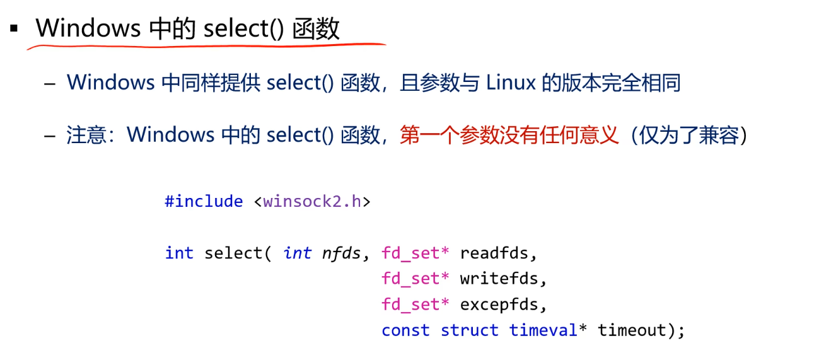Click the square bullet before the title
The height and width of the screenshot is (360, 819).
click(x=14, y=28)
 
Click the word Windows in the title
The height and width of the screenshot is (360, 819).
click(x=88, y=28)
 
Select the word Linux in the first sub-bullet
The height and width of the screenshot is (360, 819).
click(x=511, y=83)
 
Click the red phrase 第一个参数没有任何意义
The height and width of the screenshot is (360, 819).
click(x=509, y=134)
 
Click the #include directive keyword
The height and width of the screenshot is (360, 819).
click(x=204, y=201)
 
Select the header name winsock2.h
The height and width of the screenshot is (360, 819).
click(x=312, y=201)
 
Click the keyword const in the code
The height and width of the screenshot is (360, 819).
click(x=405, y=330)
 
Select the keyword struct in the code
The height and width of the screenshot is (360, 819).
click(x=469, y=330)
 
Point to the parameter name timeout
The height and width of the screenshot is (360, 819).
click(x=632, y=330)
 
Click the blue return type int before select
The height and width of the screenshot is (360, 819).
click(x=179, y=253)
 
